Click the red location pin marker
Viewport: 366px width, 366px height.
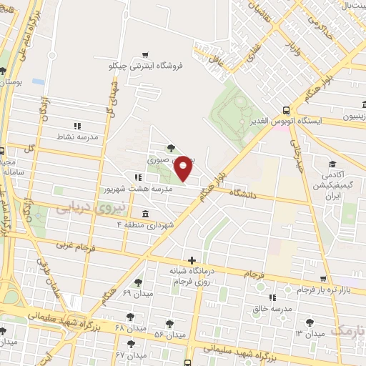(x=184, y=168)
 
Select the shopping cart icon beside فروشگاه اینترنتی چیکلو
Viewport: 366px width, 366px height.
(x=146, y=54)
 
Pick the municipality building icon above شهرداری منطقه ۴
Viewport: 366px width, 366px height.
(x=145, y=214)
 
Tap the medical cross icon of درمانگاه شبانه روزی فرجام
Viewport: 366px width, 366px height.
(x=191, y=260)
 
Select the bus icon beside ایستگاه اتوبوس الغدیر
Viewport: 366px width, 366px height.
(x=286, y=110)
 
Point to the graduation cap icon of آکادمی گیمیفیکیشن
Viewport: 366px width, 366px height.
(x=331, y=164)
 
